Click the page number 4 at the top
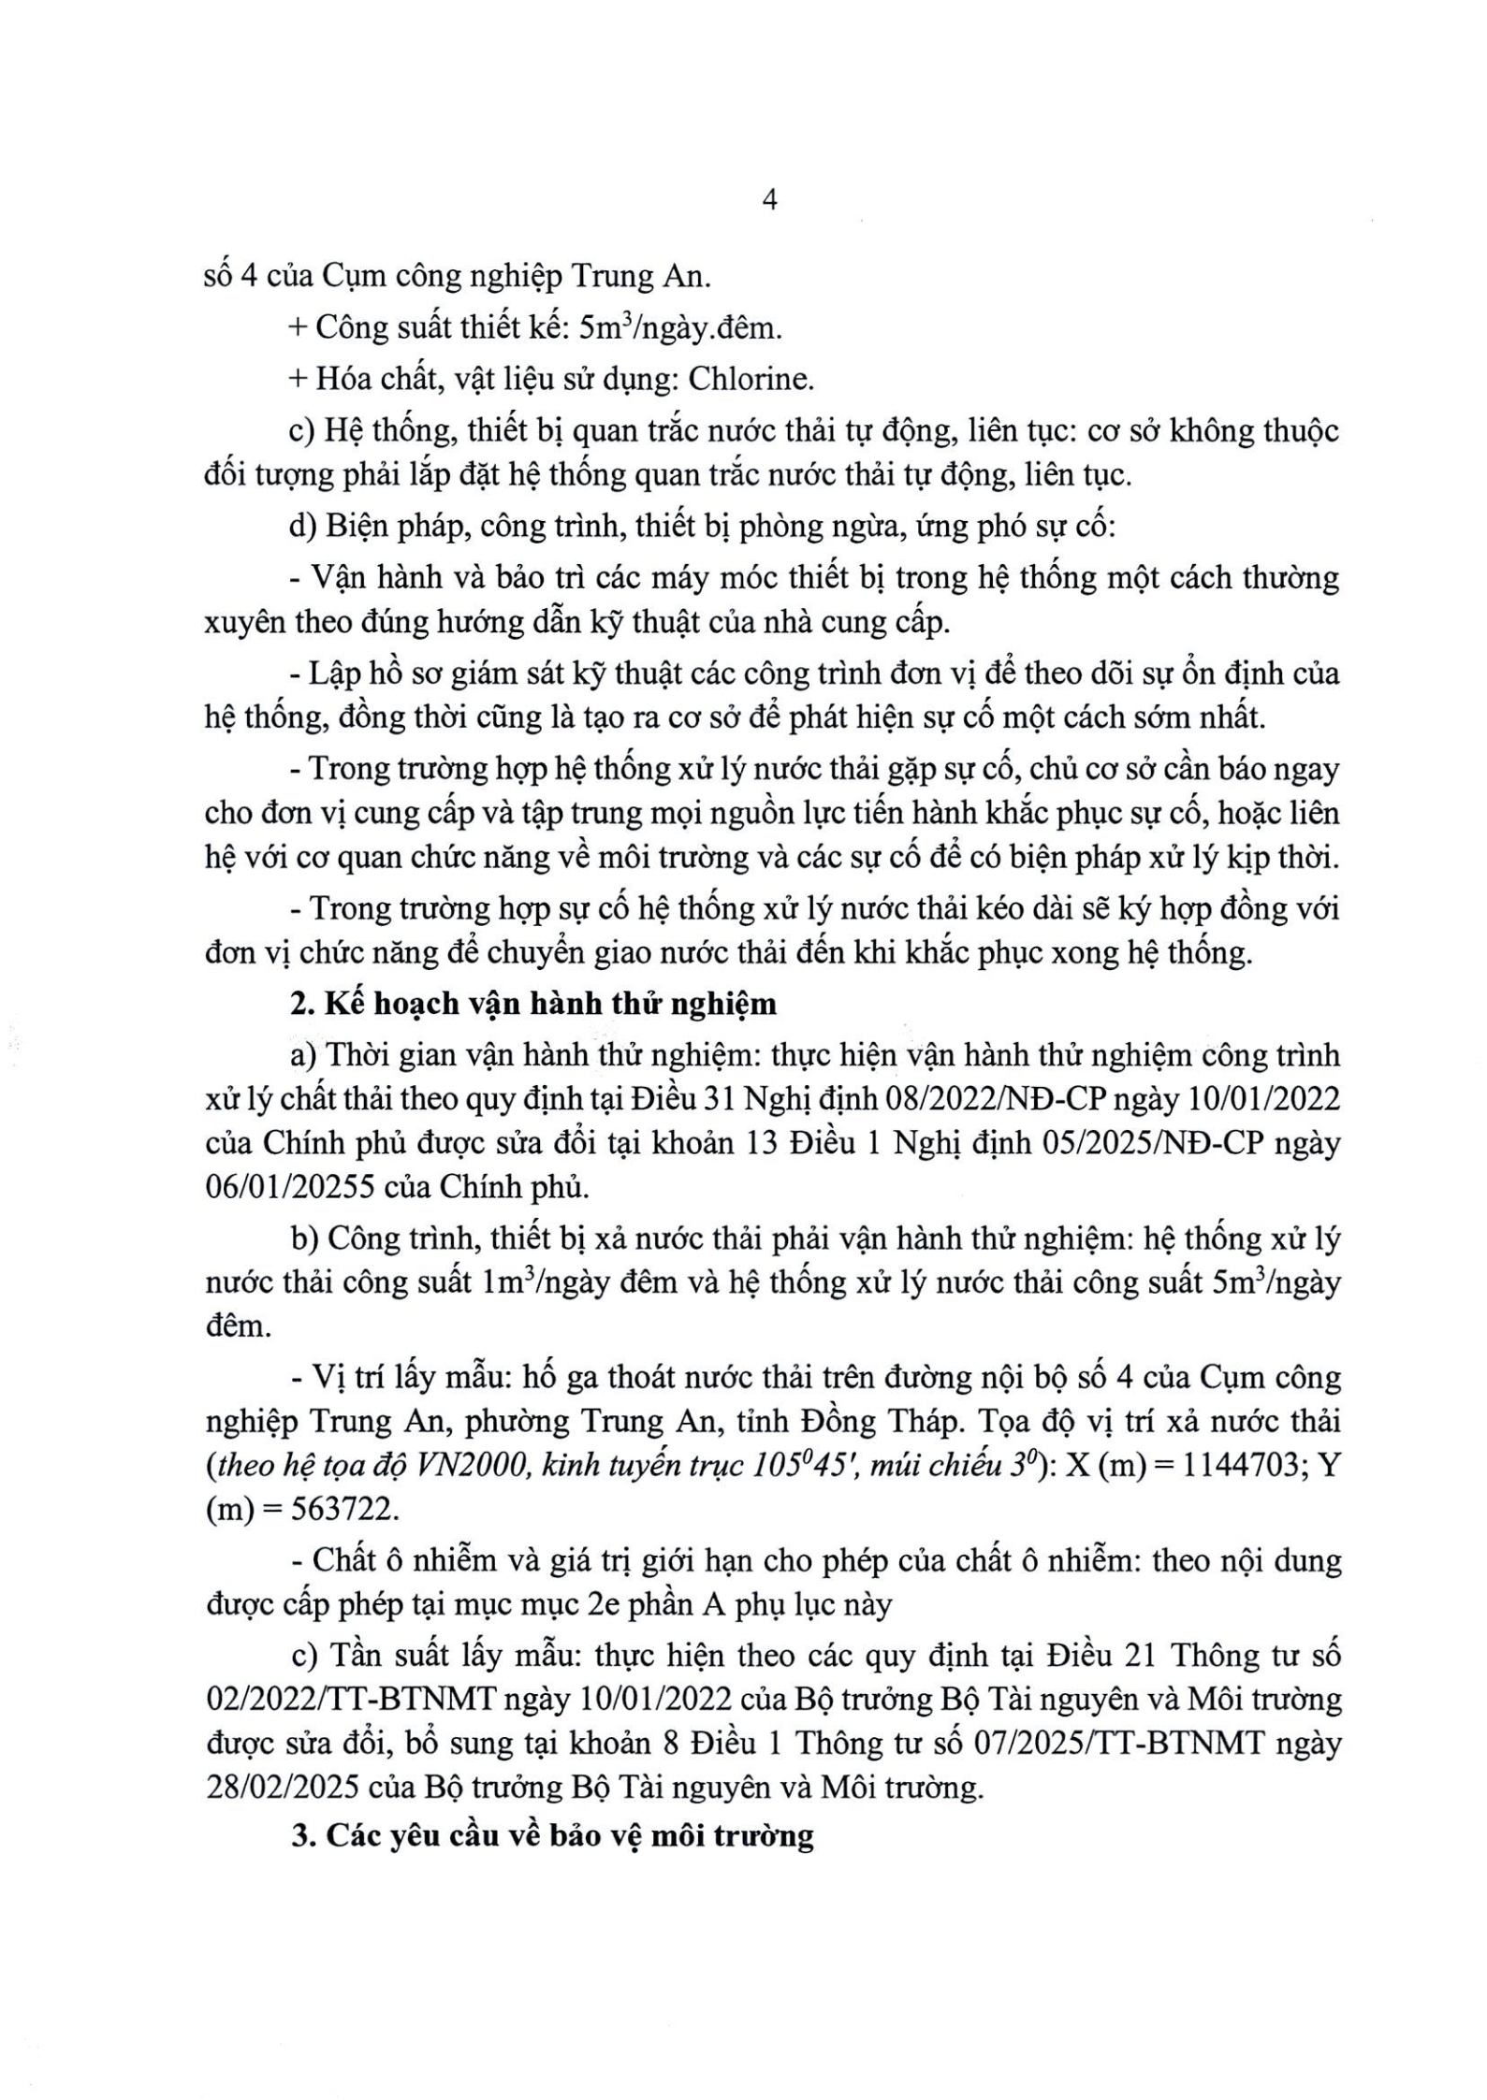(770, 200)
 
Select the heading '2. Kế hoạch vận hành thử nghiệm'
(533, 1005)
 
